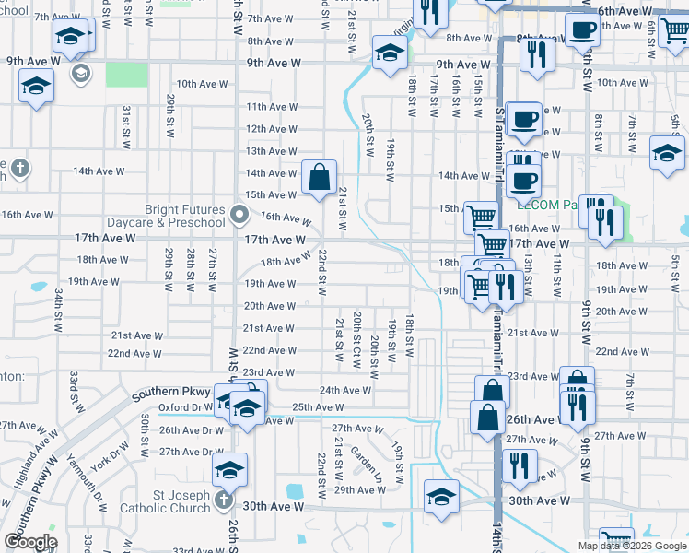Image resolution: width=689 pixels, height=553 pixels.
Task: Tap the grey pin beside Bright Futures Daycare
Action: pyautogui.click(x=240, y=216)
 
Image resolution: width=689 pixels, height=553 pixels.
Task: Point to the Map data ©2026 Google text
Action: pyautogui.click(x=632, y=546)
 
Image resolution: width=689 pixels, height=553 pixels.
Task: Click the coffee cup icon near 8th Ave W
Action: pyautogui.click(x=582, y=29)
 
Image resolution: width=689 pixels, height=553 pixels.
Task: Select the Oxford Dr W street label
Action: pyautogui.click(x=184, y=407)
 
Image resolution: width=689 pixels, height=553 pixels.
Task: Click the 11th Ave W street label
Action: pyautogui.click(x=271, y=107)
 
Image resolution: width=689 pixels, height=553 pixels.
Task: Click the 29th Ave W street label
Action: pyautogui.click(x=359, y=490)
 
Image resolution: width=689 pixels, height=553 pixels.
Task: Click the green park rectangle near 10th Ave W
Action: pyautogui.click(x=126, y=75)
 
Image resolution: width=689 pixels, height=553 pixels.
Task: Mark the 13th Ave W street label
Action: pyautogui.click(x=271, y=151)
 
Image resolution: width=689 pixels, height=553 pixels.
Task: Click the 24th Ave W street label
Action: pyautogui.click(x=344, y=390)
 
